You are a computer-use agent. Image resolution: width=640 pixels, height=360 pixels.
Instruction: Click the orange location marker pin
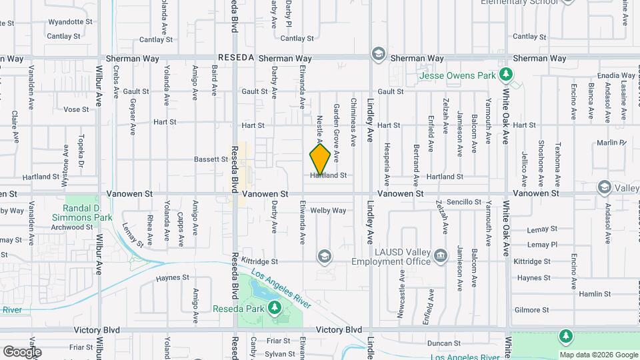(320, 159)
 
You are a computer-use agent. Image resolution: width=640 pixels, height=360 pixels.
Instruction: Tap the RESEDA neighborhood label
(235, 58)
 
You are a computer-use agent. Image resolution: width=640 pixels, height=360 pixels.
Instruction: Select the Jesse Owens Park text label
(457, 75)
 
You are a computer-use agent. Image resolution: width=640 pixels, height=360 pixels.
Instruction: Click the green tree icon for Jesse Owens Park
(507, 74)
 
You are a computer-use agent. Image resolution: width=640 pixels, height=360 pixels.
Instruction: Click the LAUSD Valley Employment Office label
(400, 257)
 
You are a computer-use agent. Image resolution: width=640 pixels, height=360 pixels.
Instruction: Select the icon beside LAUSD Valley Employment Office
(440, 256)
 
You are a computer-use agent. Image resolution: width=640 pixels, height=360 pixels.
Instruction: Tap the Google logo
(22, 351)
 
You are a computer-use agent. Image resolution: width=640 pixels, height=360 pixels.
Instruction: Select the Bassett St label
(211, 159)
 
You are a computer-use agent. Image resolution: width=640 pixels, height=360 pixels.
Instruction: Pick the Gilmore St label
(531, 310)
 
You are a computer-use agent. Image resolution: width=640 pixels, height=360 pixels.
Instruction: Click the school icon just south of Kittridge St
(324, 257)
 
